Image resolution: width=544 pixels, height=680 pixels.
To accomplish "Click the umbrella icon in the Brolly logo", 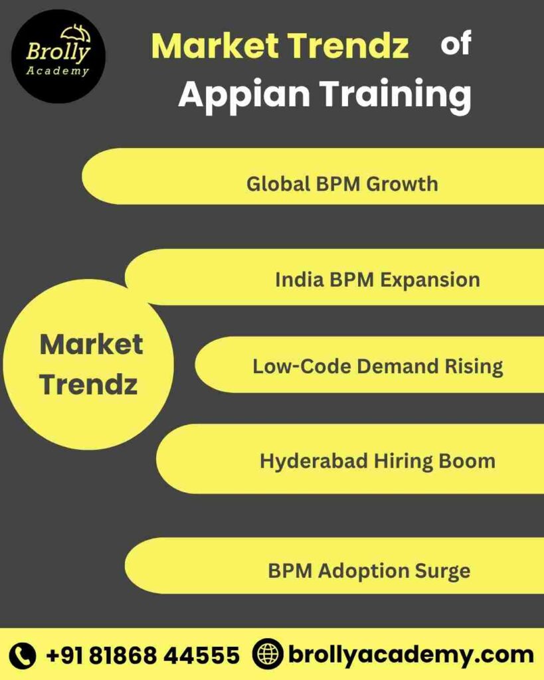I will coord(75,33).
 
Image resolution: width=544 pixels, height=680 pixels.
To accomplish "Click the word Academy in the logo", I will coord(58,71).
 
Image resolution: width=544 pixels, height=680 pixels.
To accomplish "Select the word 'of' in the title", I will coord(456,44).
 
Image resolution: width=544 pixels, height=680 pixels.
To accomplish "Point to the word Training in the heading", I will coord(397,95).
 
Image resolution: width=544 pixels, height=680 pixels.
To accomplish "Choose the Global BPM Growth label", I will coord(342,183).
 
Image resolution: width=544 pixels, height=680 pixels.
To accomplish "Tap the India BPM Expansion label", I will coord(377,280).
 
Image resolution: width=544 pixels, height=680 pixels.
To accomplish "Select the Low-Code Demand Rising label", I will coord(377,366).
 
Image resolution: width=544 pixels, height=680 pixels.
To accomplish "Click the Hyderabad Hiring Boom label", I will coord(377,461).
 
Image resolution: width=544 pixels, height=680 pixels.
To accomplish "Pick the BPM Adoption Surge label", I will coord(369,570).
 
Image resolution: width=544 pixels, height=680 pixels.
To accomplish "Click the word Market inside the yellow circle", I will coord(91,345).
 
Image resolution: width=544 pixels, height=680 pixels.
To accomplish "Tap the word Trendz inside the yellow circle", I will coord(88,384).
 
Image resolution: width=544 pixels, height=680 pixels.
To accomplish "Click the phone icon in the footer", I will coord(24,655).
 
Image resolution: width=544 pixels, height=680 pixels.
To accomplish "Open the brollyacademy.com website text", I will coord(410,655).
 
